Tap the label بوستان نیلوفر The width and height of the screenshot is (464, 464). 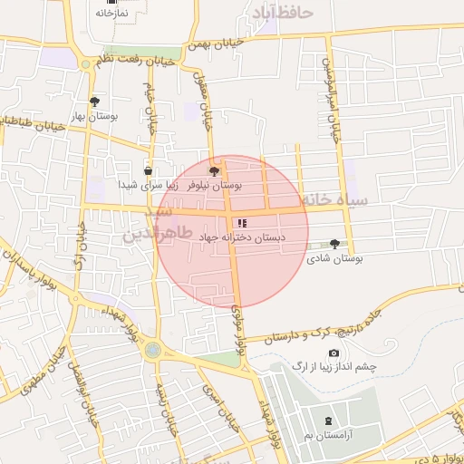click(215, 184)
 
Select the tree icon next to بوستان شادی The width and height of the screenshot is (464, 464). click(335, 243)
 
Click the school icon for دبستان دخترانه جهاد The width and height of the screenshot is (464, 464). click(241, 222)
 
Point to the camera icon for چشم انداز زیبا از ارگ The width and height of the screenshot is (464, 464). click(333, 353)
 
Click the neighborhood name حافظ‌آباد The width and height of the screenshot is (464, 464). click(285, 14)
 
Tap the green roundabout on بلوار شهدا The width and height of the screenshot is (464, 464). click(151, 349)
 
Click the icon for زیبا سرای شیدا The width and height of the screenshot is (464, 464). click(148, 169)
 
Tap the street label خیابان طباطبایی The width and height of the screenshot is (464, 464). click(34, 121)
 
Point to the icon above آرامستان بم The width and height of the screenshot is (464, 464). click(328, 421)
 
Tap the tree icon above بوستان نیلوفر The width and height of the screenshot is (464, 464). click(214, 169)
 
